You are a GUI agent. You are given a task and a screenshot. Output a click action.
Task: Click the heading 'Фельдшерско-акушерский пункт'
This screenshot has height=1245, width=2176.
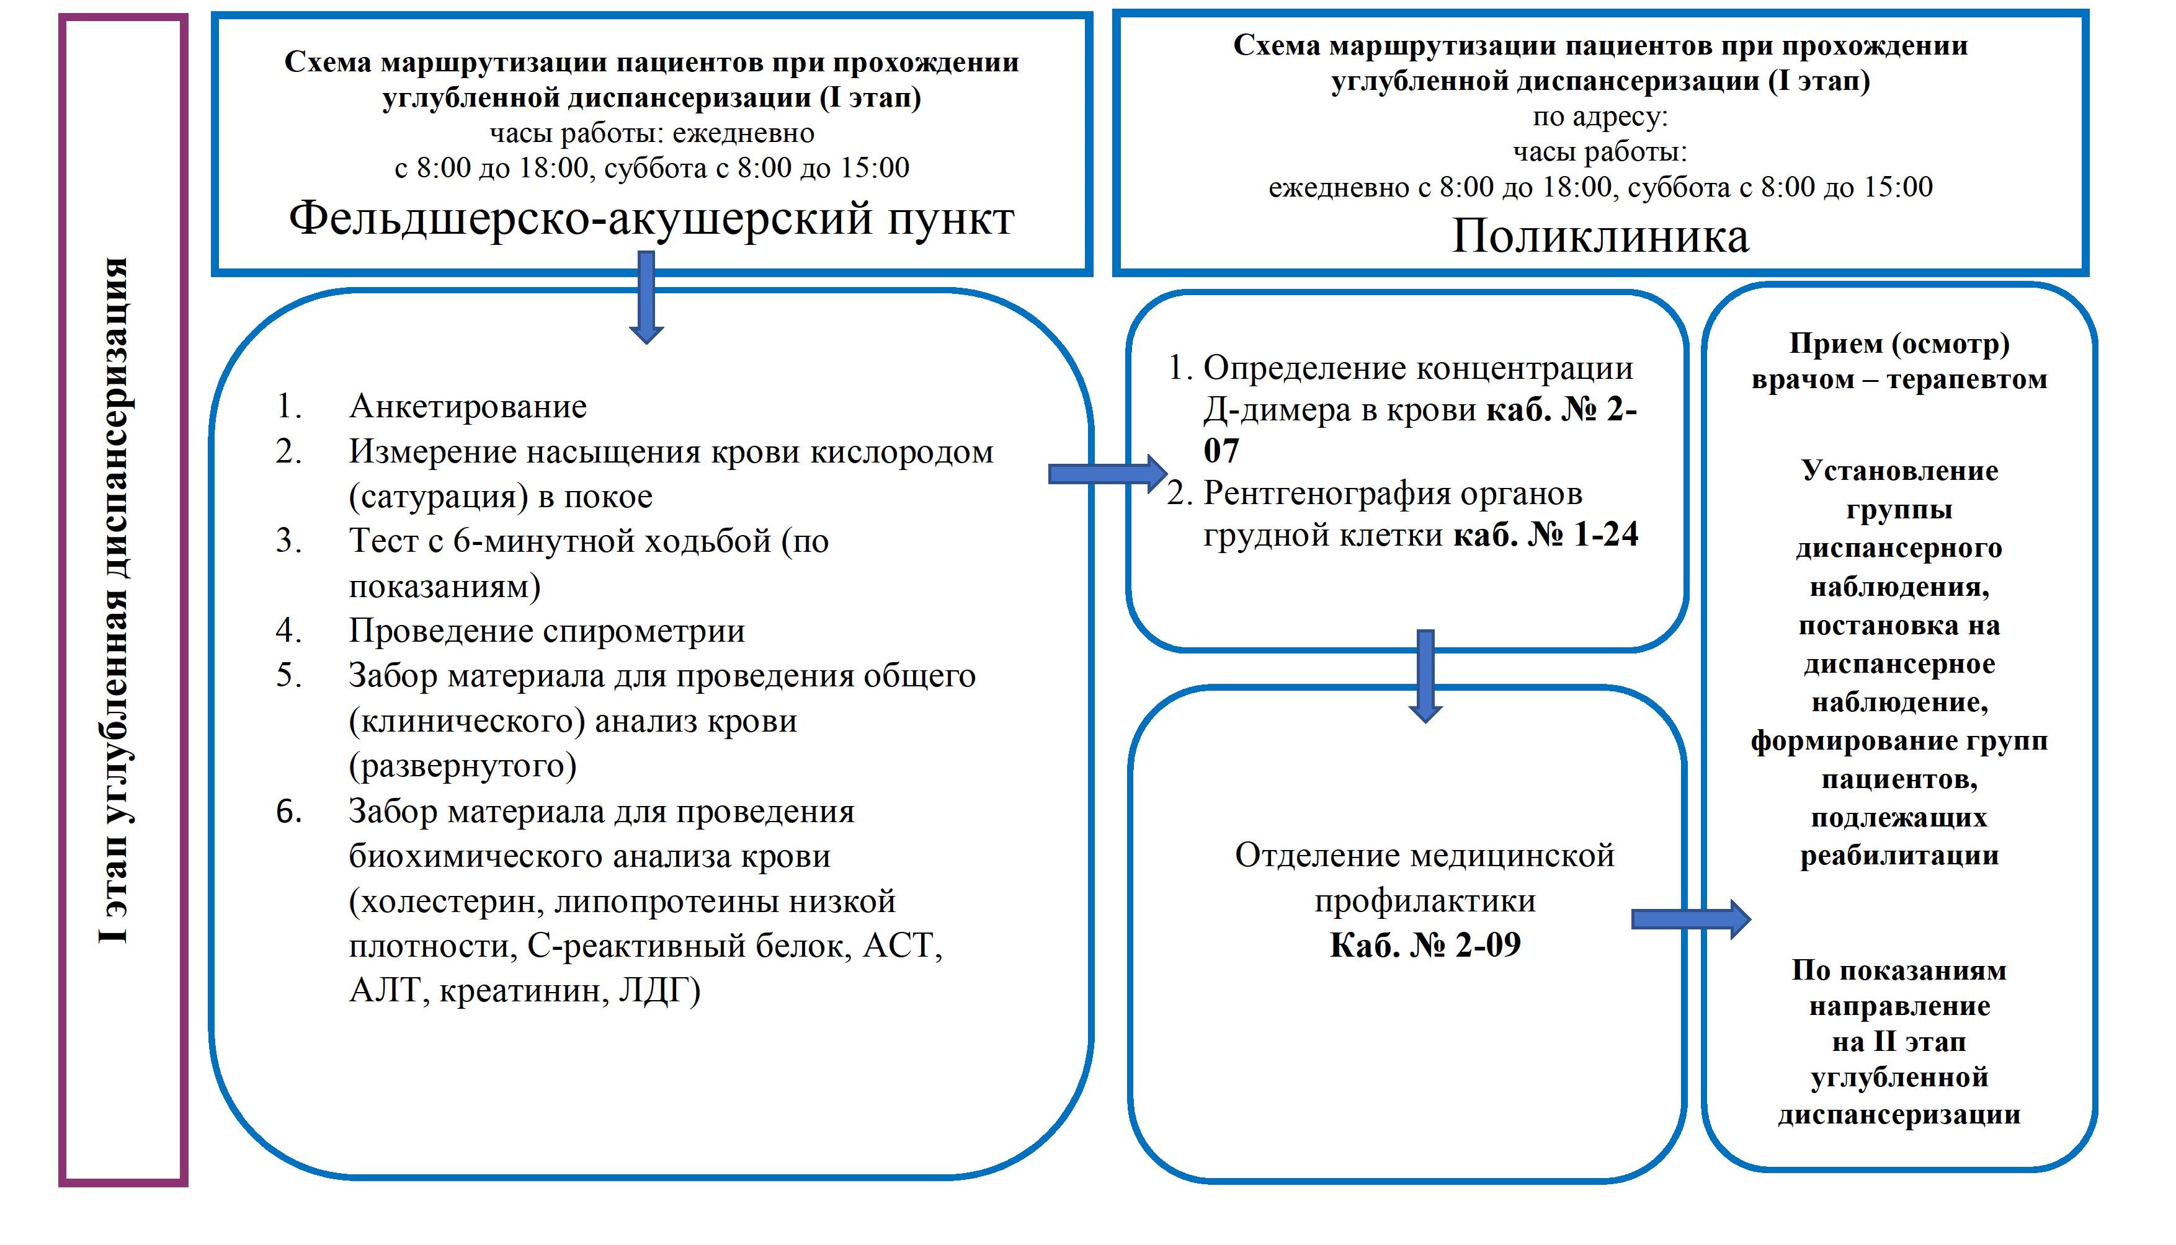[651, 219]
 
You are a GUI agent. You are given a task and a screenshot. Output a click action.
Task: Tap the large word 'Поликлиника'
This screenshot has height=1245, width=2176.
[1600, 236]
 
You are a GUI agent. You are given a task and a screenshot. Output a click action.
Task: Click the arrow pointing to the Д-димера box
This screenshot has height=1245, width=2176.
[1107, 473]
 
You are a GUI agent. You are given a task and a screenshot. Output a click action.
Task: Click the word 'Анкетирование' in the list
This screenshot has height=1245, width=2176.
[468, 406]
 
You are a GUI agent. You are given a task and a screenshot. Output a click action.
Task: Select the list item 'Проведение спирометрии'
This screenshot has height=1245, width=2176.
[546, 631]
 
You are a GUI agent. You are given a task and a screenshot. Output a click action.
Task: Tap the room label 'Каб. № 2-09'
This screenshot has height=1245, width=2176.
[1425, 945]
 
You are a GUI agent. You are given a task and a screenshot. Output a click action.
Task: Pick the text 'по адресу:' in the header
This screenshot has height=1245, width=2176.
[1600, 117]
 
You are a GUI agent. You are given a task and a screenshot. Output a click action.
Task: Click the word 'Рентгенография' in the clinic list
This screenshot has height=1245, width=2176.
[1326, 494]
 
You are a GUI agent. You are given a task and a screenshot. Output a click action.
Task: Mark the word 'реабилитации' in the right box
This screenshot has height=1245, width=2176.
[1899, 856]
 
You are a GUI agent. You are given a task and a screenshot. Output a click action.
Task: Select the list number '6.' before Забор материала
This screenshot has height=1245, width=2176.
[289, 812]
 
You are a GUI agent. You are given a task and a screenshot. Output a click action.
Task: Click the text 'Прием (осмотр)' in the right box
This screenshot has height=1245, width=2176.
[1899, 343]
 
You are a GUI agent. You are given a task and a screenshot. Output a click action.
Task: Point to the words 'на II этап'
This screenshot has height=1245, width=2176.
[1899, 1042]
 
